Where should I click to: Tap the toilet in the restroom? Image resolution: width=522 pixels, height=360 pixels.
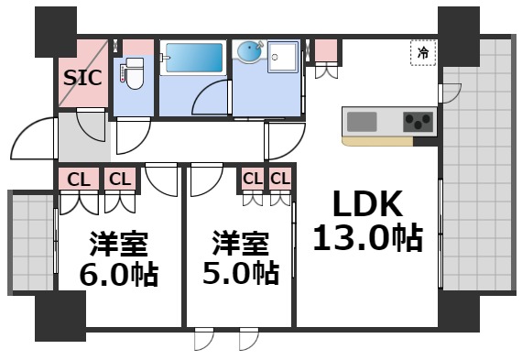pyautogui.click(x=133, y=73)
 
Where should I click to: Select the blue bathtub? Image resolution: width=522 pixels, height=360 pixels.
pyautogui.click(x=192, y=58)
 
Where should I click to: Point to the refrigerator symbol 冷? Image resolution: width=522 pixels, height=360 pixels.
pyautogui.click(x=423, y=54)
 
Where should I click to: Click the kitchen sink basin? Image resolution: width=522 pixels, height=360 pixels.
pyautogui.click(x=362, y=121)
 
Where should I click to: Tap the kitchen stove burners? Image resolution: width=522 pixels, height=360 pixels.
pyautogui.click(x=419, y=121)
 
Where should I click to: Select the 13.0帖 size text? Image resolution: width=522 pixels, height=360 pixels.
pyautogui.click(x=367, y=240)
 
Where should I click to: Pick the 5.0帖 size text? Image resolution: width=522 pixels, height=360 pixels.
pyautogui.click(x=241, y=272)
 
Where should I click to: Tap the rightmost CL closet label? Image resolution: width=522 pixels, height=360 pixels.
pyautogui.click(x=279, y=178)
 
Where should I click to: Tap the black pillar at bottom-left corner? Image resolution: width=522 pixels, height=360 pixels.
pyautogui.click(x=60, y=318)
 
